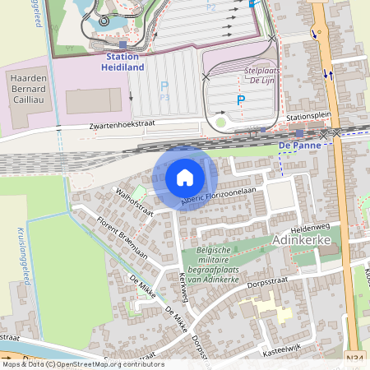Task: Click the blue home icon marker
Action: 185,178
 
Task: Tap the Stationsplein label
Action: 308,118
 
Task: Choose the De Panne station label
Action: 298,145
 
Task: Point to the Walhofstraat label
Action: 135,202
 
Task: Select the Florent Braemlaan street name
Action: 122,238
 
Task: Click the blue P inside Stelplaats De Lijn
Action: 241,100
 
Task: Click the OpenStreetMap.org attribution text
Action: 99,364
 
